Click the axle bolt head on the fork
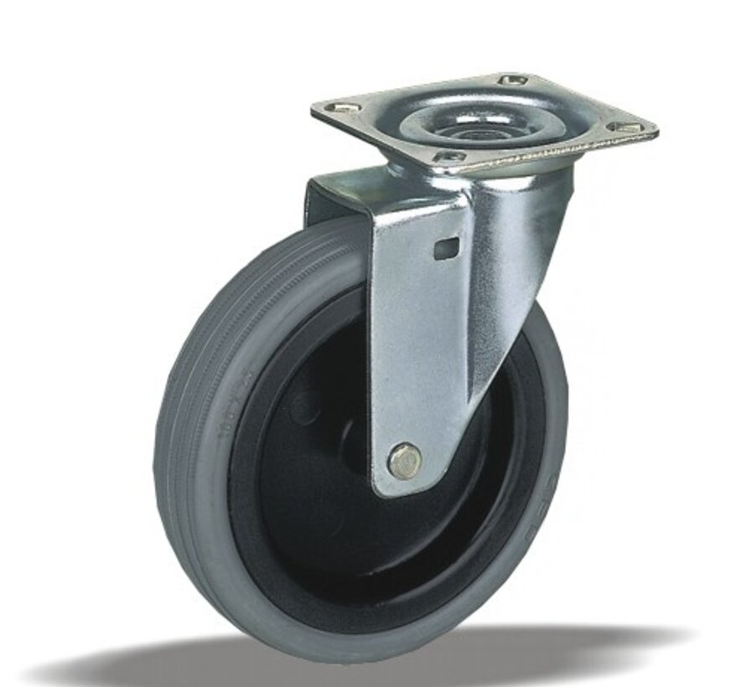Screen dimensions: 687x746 (406, 460)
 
